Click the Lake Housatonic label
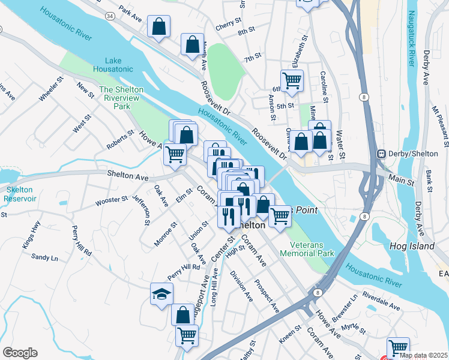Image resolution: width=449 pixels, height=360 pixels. pos(113,65)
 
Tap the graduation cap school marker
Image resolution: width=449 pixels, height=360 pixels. pos(162,294)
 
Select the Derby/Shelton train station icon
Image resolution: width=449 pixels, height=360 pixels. pos(381,154)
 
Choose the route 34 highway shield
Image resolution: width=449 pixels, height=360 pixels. pos(110,15)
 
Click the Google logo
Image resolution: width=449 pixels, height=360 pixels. pos(20,353)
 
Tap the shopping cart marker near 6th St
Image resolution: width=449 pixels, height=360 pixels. pos(292,80)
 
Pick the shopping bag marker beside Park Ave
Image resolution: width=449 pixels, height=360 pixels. pos(158,26)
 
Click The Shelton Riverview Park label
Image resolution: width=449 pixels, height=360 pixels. pos(121,98)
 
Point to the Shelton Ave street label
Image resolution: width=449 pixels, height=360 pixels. pos(127,176)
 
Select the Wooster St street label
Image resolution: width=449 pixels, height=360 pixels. pos(112,200)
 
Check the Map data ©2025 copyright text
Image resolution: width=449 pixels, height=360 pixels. pos(423,355)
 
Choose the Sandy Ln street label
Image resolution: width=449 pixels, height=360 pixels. pos(44,257)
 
